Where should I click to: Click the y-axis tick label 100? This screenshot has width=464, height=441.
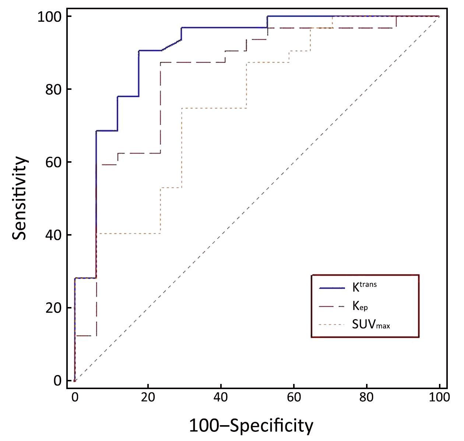pyautogui.click(x=49, y=17)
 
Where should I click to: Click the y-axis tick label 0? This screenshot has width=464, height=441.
pyautogui.click(x=57, y=381)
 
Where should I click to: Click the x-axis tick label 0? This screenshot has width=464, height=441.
pyautogui.click(x=75, y=398)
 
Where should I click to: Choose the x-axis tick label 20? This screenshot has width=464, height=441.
pyautogui.click(x=148, y=398)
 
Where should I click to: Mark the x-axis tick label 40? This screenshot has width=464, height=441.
pyautogui.click(x=221, y=398)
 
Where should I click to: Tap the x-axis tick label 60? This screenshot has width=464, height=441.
pyautogui.click(x=293, y=398)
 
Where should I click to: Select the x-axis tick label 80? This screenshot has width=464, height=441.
pyautogui.click(x=366, y=398)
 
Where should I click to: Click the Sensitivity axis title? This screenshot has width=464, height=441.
pyautogui.click(x=20, y=198)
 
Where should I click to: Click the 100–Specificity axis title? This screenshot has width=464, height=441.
pyautogui.click(x=251, y=426)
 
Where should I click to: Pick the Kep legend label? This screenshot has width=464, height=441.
pyautogui.click(x=360, y=306)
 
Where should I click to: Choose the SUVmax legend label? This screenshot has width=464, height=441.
pyautogui.click(x=370, y=324)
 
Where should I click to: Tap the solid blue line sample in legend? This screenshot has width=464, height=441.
pyautogui.click(x=332, y=288)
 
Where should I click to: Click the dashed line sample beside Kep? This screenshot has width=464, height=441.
pyautogui.click(x=332, y=306)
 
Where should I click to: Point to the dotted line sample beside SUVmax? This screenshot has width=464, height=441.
pyautogui.click(x=332, y=325)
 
